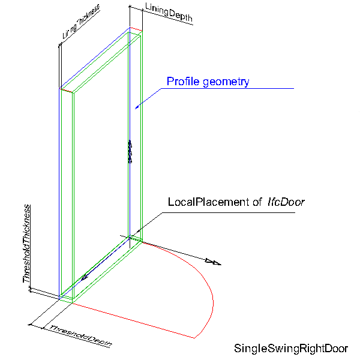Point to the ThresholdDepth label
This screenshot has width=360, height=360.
(81, 336)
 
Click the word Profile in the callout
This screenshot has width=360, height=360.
(181, 82)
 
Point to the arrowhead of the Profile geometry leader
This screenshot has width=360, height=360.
(137, 107)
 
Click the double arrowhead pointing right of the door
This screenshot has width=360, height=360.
(212, 262)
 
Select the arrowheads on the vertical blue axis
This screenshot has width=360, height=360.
(129, 151)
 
